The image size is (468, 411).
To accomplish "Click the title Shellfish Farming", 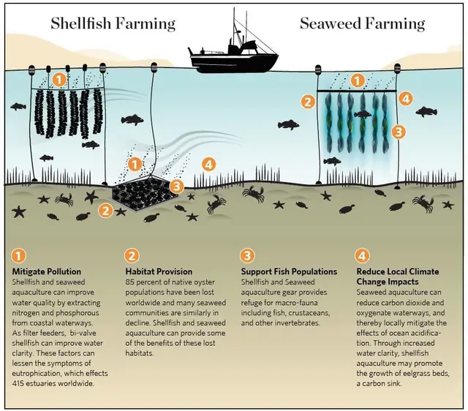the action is pyautogui.click(x=113, y=24).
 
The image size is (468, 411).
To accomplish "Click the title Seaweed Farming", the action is pyautogui.click(x=363, y=24).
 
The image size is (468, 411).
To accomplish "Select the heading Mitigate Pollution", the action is pyautogui.click(x=47, y=271).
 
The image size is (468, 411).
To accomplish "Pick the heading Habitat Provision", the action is pyautogui.click(x=159, y=271).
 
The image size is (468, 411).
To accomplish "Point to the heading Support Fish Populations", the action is pyautogui.click(x=289, y=271).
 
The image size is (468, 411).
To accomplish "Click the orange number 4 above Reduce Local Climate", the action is pyautogui.click(x=362, y=256).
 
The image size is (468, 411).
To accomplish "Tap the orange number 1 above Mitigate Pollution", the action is pyautogui.click(x=18, y=256).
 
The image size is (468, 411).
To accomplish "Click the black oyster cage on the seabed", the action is pyautogui.click(x=146, y=194).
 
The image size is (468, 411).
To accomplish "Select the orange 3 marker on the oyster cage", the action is pyautogui.click(x=177, y=186).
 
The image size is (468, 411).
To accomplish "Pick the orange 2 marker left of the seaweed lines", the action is pyautogui.click(x=308, y=102).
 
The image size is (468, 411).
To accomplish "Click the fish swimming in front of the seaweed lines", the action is pyautogui.click(x=363, y=114).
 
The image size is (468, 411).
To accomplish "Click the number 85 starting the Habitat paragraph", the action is pyautogui.click(x=130, y=282).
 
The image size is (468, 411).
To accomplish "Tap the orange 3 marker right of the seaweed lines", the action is pyautogui.click(x=399, y=132).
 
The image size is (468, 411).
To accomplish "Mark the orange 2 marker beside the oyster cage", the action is pyautogui.click(x=106, y=211).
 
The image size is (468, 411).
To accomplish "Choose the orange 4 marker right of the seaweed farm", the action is pyautogui.click(x=406, y=99).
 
